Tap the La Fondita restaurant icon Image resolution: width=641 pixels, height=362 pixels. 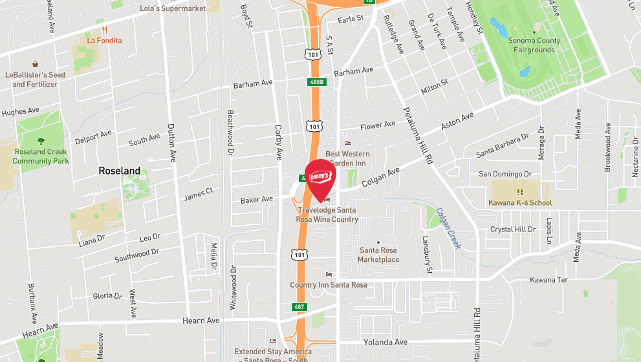(x=103, y=30)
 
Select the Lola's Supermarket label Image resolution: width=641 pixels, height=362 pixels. (x=173, y=8)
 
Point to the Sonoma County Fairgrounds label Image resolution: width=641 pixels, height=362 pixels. (x=534, y=45)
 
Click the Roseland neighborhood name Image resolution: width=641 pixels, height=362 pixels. (x=119, y=171)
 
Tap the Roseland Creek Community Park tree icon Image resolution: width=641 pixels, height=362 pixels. (x=41, y=141)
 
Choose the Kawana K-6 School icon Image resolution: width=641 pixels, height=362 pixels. (x=519, y=192)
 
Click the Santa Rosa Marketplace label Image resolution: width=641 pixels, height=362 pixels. (x=378, y=255)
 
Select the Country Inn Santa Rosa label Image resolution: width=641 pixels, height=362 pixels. (x=329, y=285)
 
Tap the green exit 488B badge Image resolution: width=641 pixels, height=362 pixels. (x=316, y=82)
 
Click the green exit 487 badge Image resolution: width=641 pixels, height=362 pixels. (x=298, y=306)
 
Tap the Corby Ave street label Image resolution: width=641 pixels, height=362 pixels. (x=279, y=142)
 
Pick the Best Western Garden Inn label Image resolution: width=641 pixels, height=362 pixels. (x=347, y=158)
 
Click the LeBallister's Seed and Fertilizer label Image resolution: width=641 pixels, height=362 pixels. (x=36, y=80)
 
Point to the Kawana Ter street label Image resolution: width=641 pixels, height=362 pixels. (x=549, y=280)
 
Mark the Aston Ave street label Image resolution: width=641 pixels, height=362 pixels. (x=457, y=119)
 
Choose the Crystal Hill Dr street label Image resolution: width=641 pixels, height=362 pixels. (x=513, y=229)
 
